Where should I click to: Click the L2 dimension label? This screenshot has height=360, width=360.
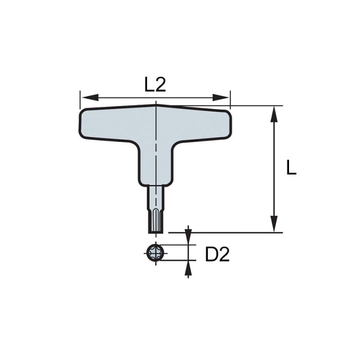pyautogui.click(x=155, y=84)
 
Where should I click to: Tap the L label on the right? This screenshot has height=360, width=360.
pyautogui.click(x=291, y=168)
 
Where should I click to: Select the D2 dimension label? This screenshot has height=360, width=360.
pyautogui.click(x=217, y=254)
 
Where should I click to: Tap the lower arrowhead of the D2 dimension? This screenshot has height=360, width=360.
pyautogui.click(x=188, y=267)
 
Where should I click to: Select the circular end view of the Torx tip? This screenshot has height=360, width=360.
pyautogui.click(x=155, y=253)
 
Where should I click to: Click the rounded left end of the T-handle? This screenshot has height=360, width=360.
pyautogui.click(x=85, y=123)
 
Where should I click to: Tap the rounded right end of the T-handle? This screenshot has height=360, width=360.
pyautogui.click(x=226, y=123)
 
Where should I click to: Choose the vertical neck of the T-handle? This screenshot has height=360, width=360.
pyautogui.click(x=155, y=165)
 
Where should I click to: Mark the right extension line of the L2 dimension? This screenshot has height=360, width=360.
pyautogui.click(x=230, y=99)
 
